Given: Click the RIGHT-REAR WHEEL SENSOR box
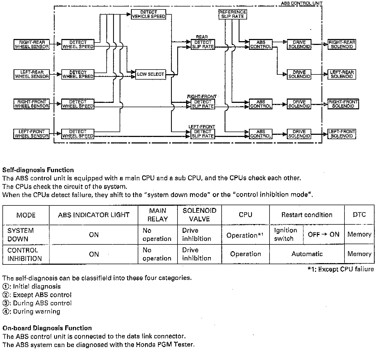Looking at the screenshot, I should click(32, 44).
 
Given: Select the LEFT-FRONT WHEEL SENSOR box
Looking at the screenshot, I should click(32, 134).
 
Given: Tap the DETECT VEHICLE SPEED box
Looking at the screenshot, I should click(149, 14).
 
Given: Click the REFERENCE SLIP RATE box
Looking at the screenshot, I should click(232, 14).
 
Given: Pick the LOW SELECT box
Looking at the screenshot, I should click(150, 74).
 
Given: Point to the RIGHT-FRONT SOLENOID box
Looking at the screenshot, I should click(343, 104).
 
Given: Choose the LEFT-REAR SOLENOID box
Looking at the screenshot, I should click(341, 74).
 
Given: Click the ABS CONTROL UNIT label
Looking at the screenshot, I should click(301, 3).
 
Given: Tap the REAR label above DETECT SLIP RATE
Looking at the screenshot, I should click(202, 37).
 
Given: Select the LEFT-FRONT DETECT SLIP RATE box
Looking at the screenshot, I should click(203, 134).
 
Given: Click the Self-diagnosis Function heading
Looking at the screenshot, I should click(38, 170).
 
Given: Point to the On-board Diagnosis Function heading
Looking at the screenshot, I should click(47, 328).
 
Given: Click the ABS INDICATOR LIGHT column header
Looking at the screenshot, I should click(94, 215).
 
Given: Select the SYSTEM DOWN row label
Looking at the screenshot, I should click(21, 235).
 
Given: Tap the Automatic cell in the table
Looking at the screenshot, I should click(307, 254).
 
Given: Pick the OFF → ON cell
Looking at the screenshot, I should click(323, 234).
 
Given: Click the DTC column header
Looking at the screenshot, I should click(359, 215).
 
